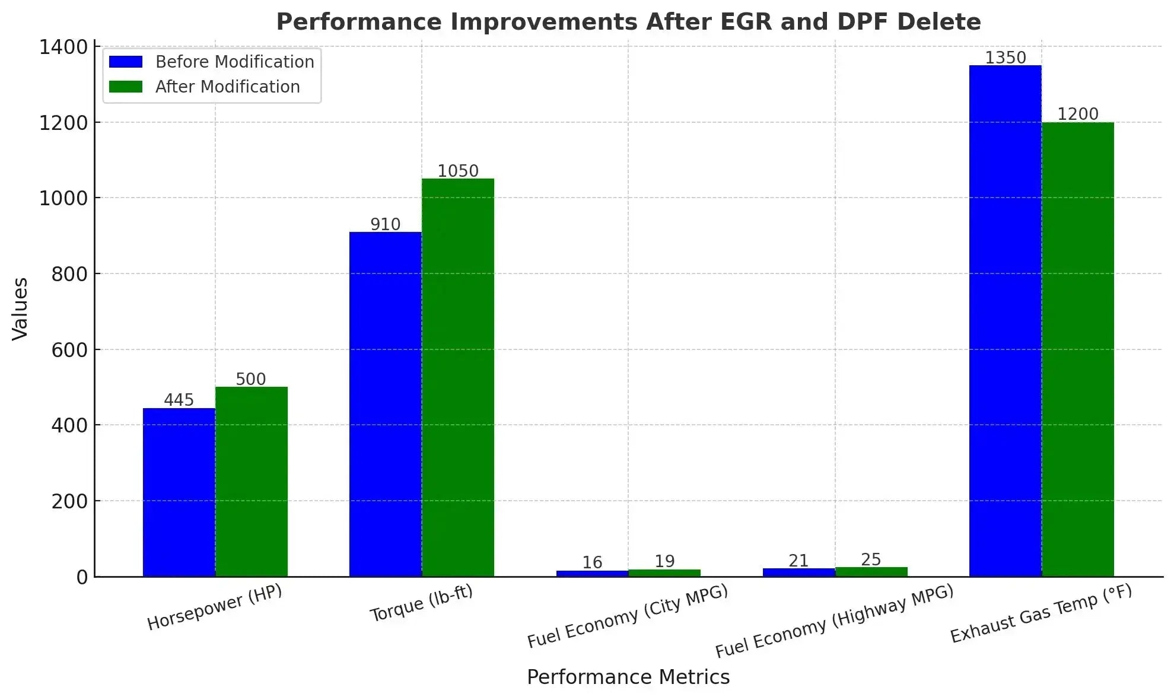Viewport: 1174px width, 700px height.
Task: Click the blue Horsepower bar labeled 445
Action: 179,492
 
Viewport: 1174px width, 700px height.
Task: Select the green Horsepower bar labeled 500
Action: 252,482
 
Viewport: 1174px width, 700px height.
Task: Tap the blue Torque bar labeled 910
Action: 386,404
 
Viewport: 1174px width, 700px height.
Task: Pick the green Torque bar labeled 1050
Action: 458,377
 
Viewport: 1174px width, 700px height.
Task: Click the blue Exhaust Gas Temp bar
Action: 1006,321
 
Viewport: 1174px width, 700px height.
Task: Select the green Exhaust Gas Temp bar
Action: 1078,349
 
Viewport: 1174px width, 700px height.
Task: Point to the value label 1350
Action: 1006,58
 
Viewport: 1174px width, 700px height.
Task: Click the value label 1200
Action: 1078,114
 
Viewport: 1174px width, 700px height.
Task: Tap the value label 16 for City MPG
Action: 592,562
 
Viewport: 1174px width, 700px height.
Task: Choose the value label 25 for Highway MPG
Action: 871,559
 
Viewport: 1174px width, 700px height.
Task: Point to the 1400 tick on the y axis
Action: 63,47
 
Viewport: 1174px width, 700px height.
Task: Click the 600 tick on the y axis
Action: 69,350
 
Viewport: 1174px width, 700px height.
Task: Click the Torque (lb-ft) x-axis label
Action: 421,603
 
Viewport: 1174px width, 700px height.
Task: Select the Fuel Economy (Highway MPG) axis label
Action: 835,621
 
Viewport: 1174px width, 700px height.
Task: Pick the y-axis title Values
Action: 20,309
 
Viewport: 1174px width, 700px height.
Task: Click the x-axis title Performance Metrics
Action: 628,677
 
